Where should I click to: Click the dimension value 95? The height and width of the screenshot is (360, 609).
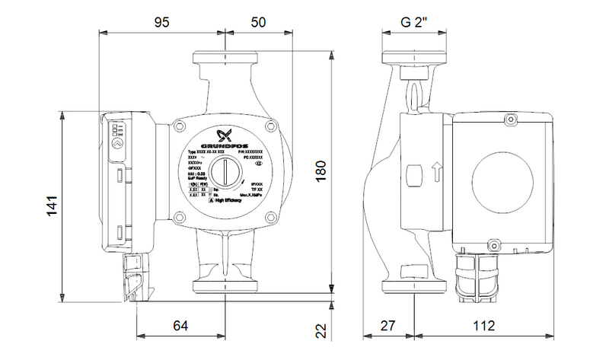161,22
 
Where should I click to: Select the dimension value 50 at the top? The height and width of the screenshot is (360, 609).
259,22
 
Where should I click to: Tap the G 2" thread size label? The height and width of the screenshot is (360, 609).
415,22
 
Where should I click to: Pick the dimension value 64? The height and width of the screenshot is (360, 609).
180,326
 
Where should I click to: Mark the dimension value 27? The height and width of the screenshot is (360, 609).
388,326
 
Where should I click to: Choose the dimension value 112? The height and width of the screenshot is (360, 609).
489,326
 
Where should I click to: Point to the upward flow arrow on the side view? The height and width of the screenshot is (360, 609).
436,171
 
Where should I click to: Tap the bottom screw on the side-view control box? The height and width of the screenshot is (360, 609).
492,246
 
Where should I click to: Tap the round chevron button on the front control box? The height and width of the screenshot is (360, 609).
116,142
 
